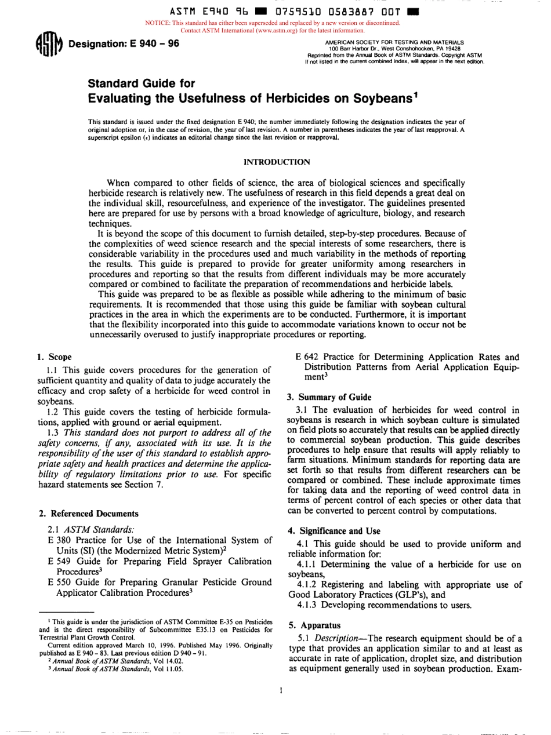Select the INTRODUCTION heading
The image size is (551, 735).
(x=275, y=161)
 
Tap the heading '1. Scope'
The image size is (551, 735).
(x=54, y=357)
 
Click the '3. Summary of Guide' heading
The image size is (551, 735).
(x=329, y=397)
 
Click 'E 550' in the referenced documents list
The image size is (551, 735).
(x=59, y=581)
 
